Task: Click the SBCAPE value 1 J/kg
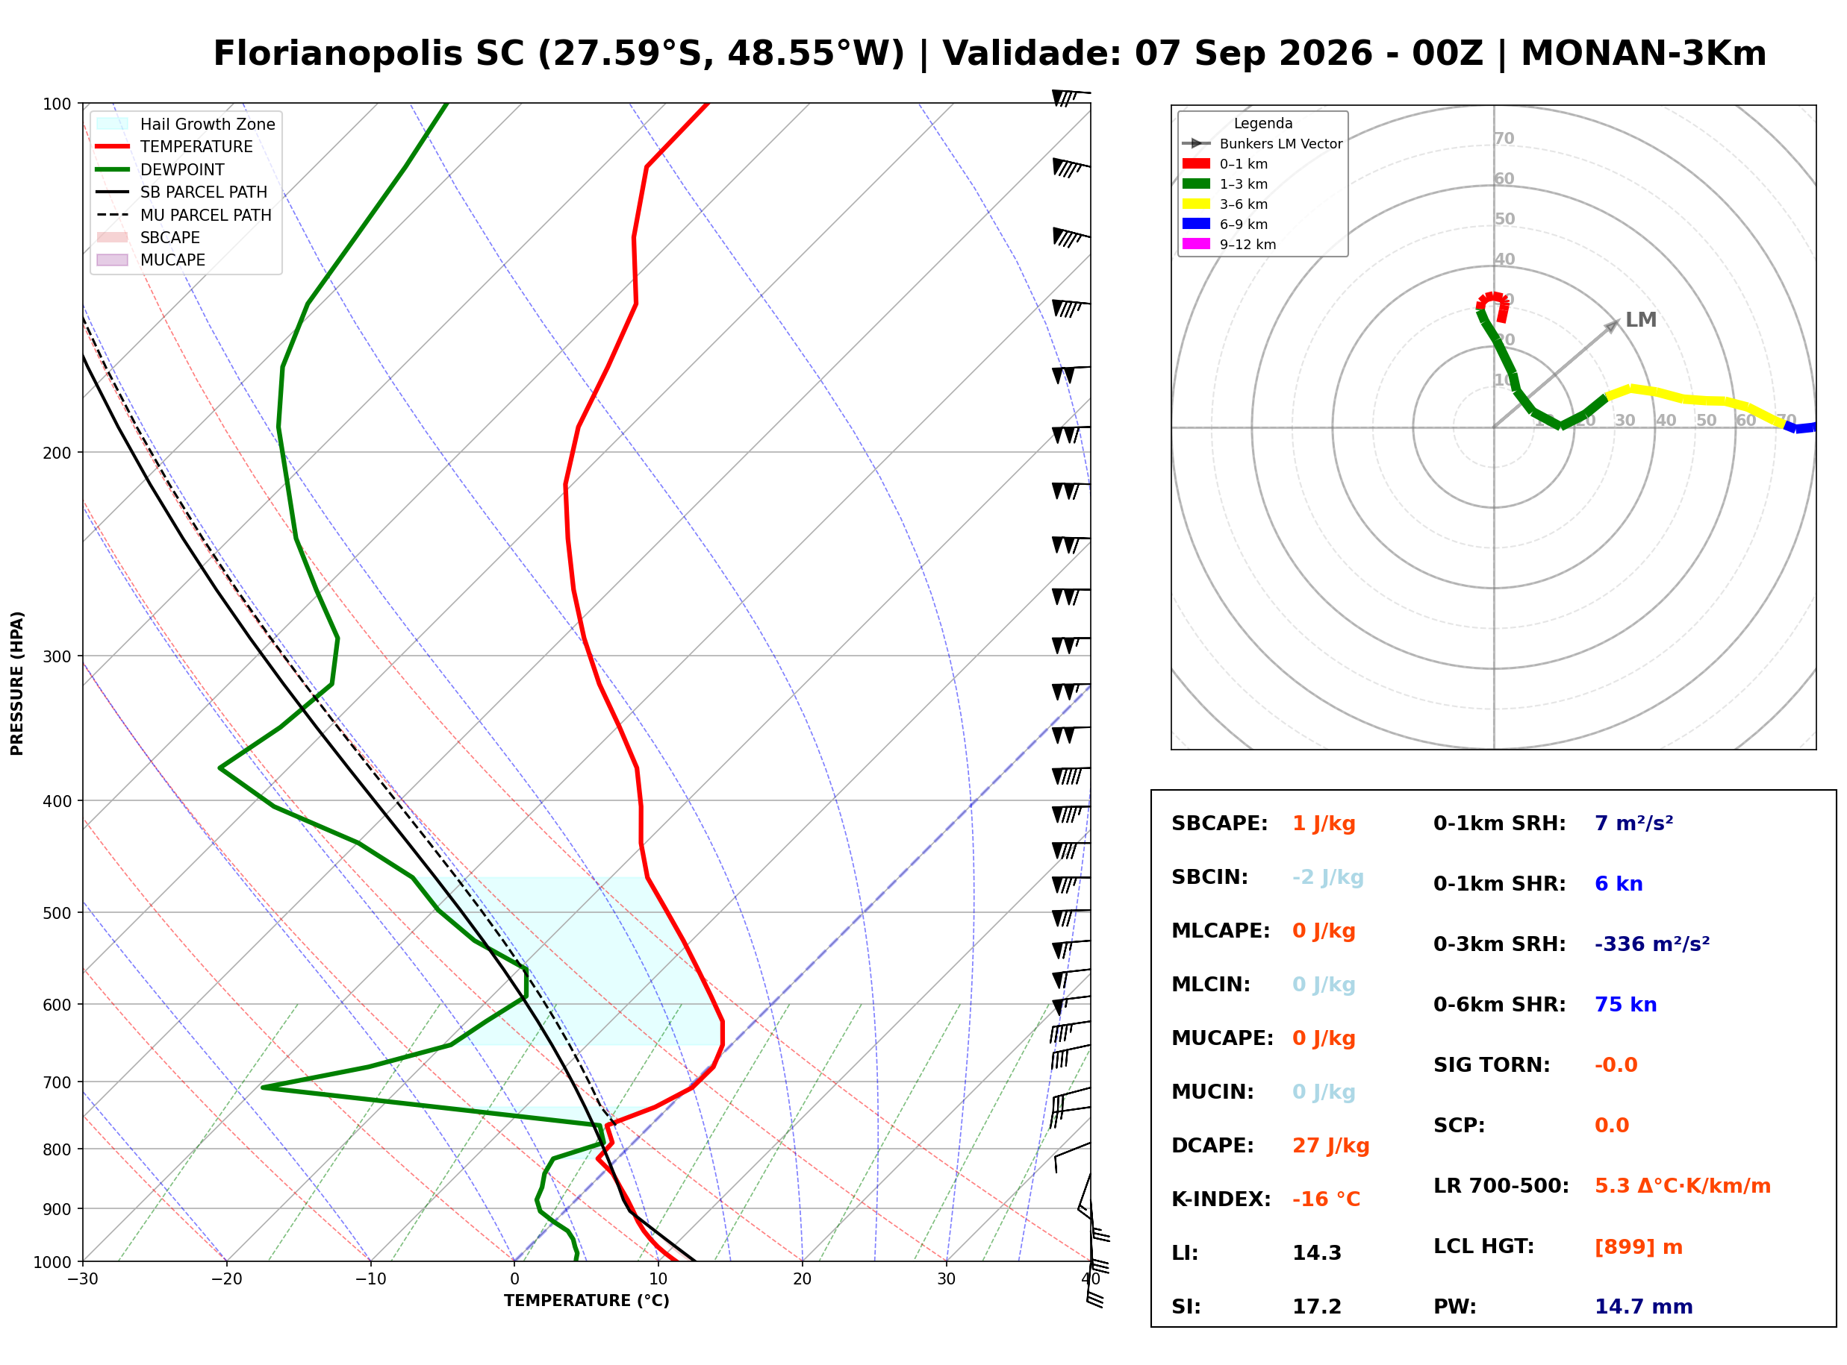(1324, 823)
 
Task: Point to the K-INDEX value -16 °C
(1326, 1199)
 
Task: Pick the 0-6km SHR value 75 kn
(1625, 1005)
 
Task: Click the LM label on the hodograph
(1640, 320)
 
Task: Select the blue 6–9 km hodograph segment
(1800, 428)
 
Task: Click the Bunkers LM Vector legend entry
(1262, 144)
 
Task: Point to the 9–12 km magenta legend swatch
(1195, 244)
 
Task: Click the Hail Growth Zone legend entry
(186, 124)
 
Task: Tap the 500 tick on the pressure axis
(58, 913)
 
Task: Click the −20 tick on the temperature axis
(226, 1279)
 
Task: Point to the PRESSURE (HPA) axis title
(16, 683)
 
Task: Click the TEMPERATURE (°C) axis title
(586, 1301)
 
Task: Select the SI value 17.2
(1316, 1307)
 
